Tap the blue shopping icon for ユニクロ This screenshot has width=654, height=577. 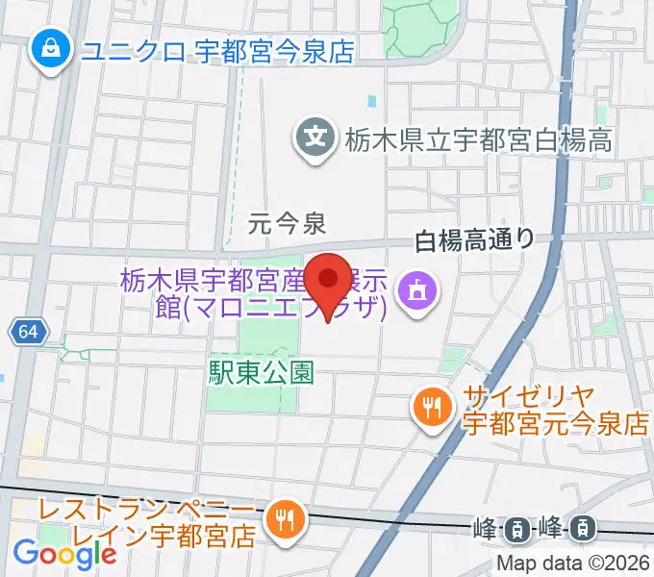pos(49,49)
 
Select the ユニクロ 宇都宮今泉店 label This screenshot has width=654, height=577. pos(217,50)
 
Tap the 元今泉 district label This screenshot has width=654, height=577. pos(287,225)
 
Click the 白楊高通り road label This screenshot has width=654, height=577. pos(474,240)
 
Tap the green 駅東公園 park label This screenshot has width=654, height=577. pos(261,373)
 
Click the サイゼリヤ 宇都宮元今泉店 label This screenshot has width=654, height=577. pos(554,410)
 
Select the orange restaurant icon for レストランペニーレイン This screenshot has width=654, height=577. pos(285,521)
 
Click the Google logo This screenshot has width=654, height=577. pos(64,553)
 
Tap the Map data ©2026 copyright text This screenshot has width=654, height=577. pos(574,564)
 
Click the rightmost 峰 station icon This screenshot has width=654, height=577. pos(582,527)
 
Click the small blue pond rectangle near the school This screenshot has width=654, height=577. pos(372,100)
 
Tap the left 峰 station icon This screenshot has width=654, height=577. pos(516,527)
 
